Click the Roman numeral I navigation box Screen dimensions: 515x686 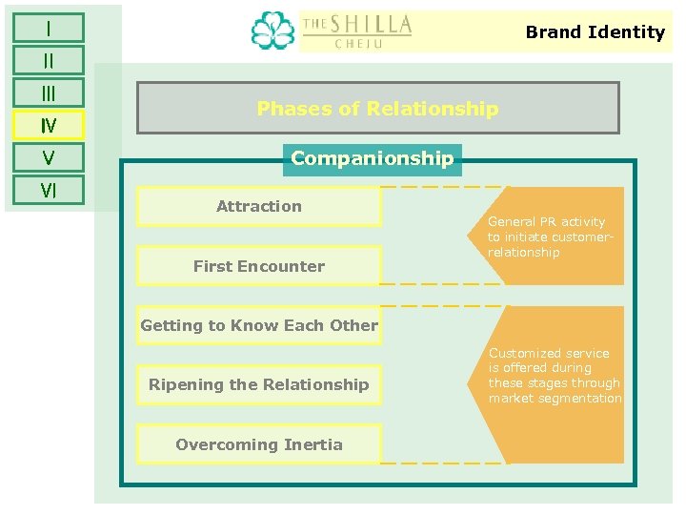[x=48, y=28]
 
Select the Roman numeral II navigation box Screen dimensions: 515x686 [x=48, y=60]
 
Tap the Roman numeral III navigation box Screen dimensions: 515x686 [x=48, y=93]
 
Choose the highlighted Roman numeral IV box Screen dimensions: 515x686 [x=48, y=125]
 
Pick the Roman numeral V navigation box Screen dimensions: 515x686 [x=48, y=157]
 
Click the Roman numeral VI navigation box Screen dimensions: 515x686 [x=48, y=190]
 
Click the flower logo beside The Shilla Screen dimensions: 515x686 [x=272, y=31]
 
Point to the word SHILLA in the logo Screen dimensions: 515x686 [x=371, y=23]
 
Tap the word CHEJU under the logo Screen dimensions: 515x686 [x=357, y=43]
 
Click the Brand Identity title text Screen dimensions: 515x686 [x=595, y=31]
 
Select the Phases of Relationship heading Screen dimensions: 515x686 [x=377, y=108]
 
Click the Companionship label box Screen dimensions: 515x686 [x=373, y=158]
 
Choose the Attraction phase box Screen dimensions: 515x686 [x=259, y=206]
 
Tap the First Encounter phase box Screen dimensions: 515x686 [x=259, y=266]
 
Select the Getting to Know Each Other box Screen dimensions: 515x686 [x=259, y=325]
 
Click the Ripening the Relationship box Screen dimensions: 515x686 [x=259, y=385]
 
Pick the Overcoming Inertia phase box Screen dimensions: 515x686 [x=259, y=444]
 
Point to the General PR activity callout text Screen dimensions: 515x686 [x=547, y=237]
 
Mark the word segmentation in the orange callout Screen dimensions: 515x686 [x=583, y=399]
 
